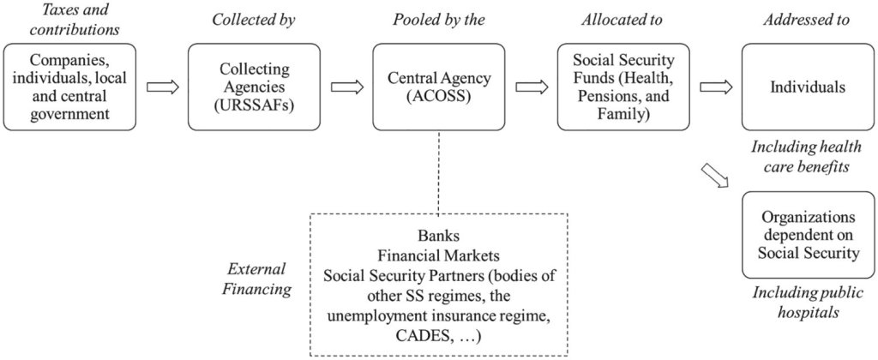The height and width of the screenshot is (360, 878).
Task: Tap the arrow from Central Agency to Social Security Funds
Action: pos(531,87)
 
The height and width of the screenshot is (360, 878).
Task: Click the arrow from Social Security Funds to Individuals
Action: pos(715,87)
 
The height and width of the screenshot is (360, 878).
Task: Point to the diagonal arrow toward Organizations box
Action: pos(713,177)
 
